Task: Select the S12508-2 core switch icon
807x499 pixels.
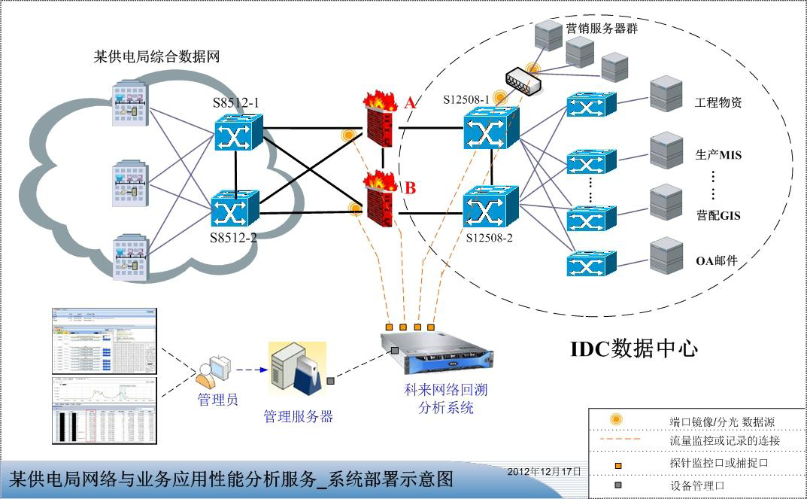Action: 490,206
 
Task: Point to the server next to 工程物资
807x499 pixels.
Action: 663,95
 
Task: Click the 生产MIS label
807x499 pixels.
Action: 718,156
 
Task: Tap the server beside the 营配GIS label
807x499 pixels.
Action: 663,202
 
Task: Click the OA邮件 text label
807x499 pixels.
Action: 716,261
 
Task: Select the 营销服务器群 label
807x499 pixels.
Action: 602,27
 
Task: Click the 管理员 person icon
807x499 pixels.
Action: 214,367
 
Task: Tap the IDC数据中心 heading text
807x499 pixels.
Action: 633,348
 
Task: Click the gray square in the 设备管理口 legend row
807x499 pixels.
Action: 618,485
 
